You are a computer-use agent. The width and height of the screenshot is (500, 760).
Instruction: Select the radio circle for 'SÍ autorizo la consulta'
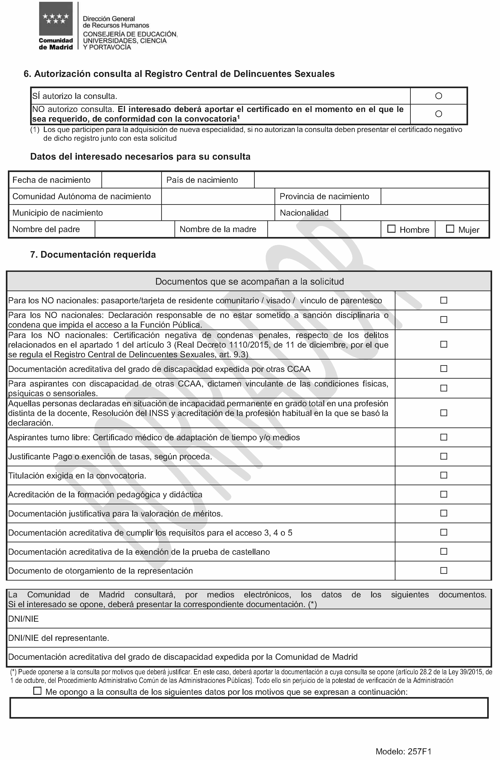click(x=439, y=96)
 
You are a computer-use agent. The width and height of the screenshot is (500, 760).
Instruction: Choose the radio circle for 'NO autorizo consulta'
click(x=439, y=114)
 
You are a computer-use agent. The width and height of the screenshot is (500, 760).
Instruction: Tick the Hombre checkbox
click(x=391, y=229)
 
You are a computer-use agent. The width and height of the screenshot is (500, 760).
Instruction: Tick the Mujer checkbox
click(x=450, y=229)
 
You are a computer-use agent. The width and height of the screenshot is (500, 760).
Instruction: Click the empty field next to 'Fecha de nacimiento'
click(x=132, y=180)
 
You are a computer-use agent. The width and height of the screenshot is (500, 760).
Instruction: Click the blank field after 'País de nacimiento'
click(x=371, y=180)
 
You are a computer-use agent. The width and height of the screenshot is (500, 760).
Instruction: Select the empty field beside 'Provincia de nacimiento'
click(x=435, y=196)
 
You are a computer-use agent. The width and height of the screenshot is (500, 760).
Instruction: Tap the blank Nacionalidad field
click(x=414, y=213)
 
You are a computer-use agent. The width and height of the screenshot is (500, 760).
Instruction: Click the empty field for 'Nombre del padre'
click(x=135, y=229)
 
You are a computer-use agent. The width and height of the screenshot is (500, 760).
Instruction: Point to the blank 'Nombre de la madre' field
click(x=324, y=229)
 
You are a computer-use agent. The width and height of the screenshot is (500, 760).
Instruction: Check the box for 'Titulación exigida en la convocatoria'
click(x=444, y=475)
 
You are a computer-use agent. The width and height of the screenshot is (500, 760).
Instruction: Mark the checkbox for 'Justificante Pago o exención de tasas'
click(x=444, y=456)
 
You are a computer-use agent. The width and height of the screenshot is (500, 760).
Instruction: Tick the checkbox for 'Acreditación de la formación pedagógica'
click(x=444, y=494)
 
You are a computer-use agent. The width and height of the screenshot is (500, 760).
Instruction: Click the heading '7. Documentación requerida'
click(x=93, y=255)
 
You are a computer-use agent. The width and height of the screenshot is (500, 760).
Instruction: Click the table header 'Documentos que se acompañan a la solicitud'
click(x=249, y=282)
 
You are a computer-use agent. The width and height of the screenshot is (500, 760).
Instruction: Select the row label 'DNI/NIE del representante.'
click(x=59, y=638)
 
